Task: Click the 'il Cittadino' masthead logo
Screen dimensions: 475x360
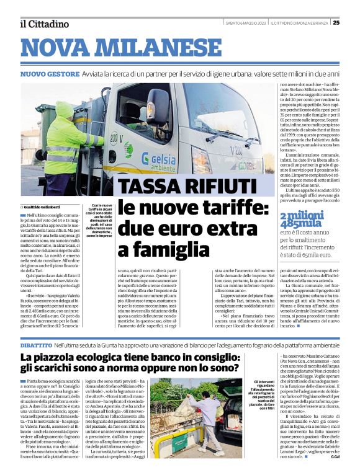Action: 43,24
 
